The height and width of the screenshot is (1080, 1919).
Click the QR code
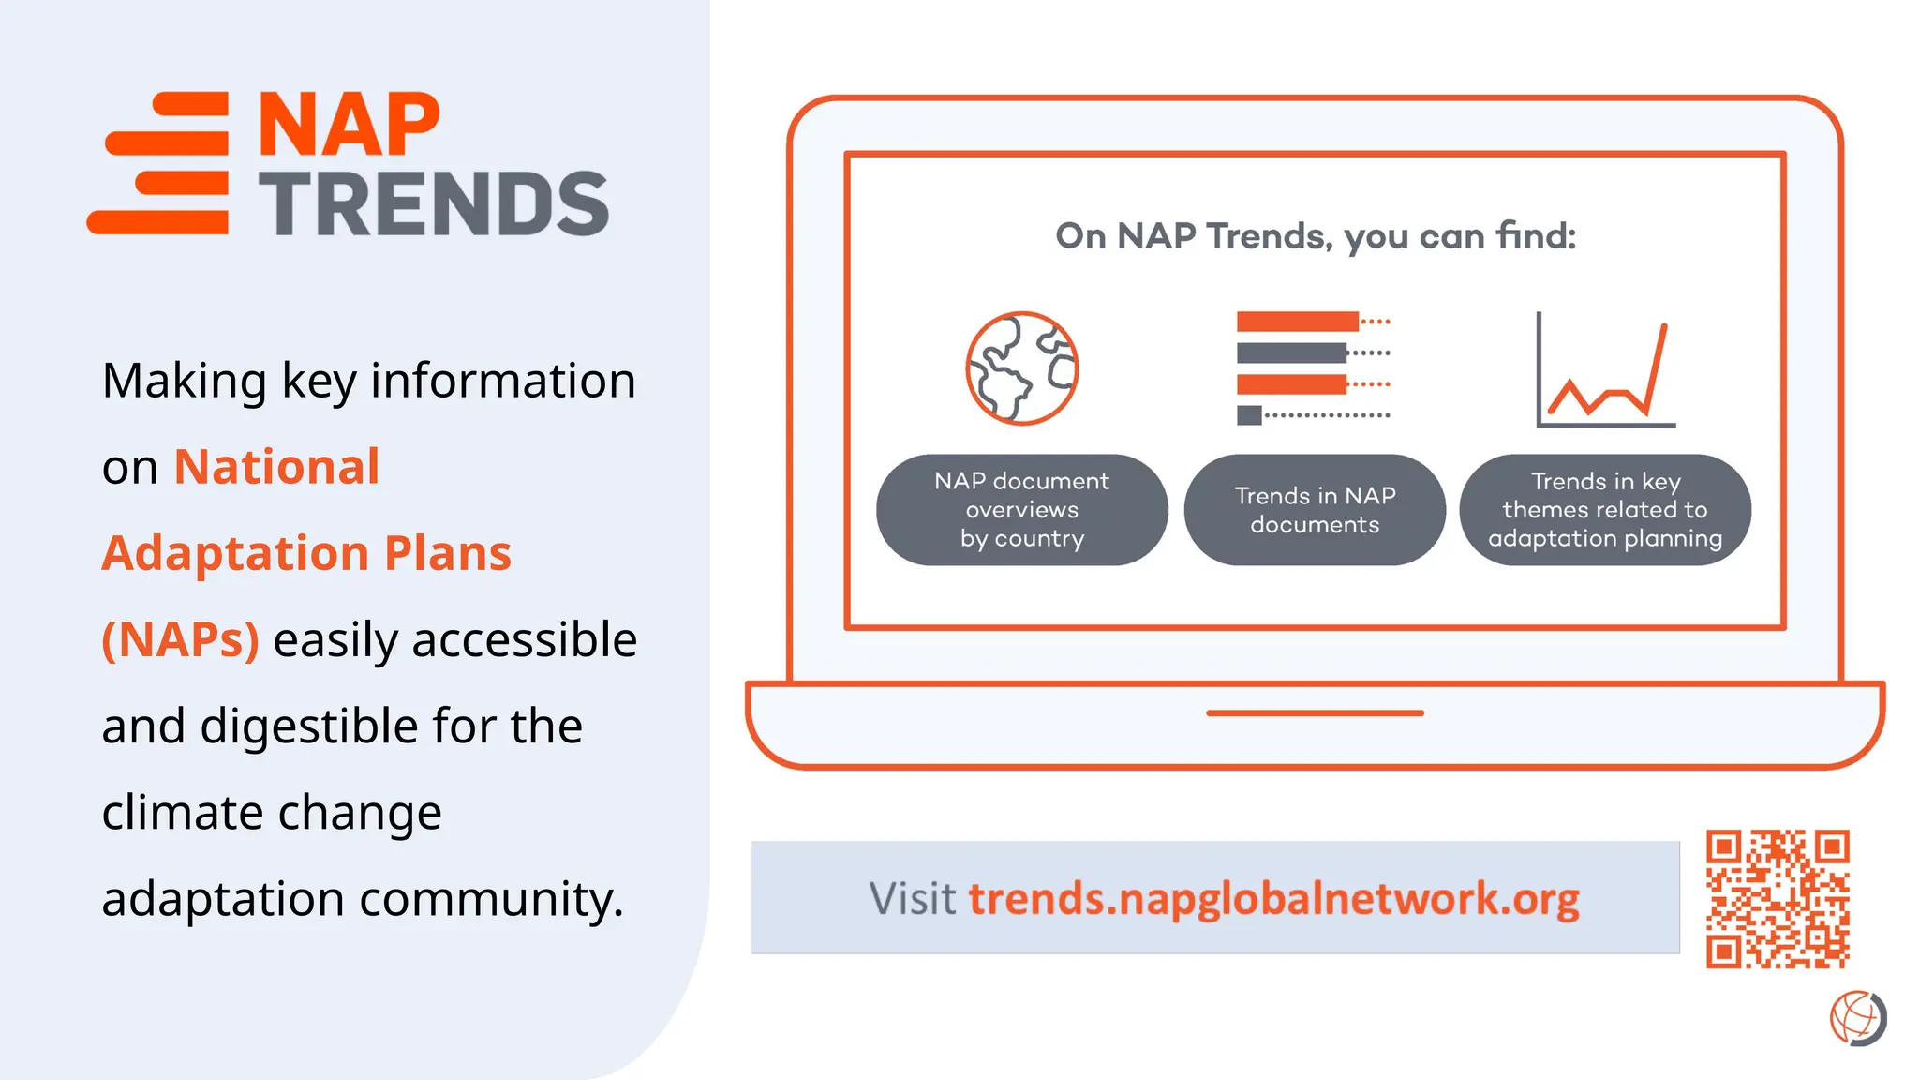click(x=1777, y=898)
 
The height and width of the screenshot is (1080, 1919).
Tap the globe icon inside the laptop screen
click(x=1022, y=368)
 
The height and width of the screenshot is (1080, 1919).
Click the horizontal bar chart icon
click(x=1312, y=368)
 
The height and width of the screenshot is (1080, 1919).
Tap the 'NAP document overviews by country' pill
click(x=1021, y=510)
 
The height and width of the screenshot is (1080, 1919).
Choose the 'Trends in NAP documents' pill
click(x=1315, y=510)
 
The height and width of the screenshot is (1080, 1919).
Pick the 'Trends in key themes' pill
click(x=1605, y=510)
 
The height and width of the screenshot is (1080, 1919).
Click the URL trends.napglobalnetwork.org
click(x=1273, y=898)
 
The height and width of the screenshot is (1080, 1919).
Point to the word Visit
click(x=912, y=898)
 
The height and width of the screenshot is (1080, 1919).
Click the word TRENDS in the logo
click(x=434, y=204)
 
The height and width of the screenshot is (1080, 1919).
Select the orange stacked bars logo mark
click(x=159, y=163)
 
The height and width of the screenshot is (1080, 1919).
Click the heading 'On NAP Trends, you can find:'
click(x=1316, y=236)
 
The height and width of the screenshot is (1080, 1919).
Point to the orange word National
click(x=276, y=467)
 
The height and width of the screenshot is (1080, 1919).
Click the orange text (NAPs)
click(x=180, y=640)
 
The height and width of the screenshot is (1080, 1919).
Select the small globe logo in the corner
click(x=1857, y=1018)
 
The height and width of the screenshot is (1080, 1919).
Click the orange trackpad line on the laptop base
click(x=1315, y=713)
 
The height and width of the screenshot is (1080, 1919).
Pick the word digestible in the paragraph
click(x=311, y=727)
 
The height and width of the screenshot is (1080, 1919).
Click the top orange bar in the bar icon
click(x=1297, y=322)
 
